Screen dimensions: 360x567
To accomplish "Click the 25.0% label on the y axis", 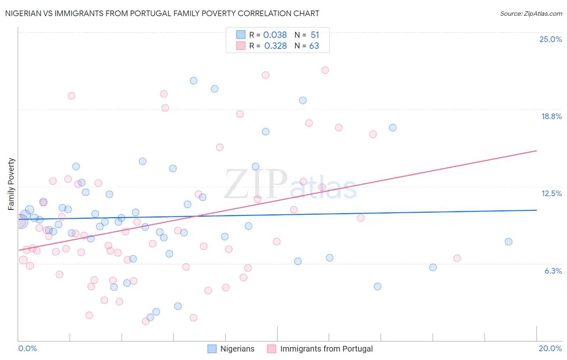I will [550, 39].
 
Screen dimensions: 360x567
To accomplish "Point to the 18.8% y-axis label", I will [551, 116].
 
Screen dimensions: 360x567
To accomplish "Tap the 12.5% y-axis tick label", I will [551, 193].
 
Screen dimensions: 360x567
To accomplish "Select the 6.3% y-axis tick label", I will [553, 271].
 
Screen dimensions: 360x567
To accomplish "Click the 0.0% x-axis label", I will [27, 348].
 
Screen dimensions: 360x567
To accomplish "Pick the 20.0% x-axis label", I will [550, 348].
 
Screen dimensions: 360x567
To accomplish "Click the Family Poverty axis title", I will [11, 184].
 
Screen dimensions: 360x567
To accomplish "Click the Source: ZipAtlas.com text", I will [531, 13].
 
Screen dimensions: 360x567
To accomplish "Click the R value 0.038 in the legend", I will [275, 35].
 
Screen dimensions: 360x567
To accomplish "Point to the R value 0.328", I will [275, 46].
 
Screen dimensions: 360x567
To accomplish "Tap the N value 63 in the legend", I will [314, 46].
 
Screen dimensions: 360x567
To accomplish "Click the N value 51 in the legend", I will [315, 35].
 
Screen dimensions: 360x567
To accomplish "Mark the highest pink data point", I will [325, 70].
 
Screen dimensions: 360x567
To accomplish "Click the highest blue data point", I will [194, 81].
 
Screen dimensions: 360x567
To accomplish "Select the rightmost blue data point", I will [509, 242].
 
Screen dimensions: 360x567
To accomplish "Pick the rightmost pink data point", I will [457, 258].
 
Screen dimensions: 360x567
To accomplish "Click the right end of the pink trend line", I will [536, 151].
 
